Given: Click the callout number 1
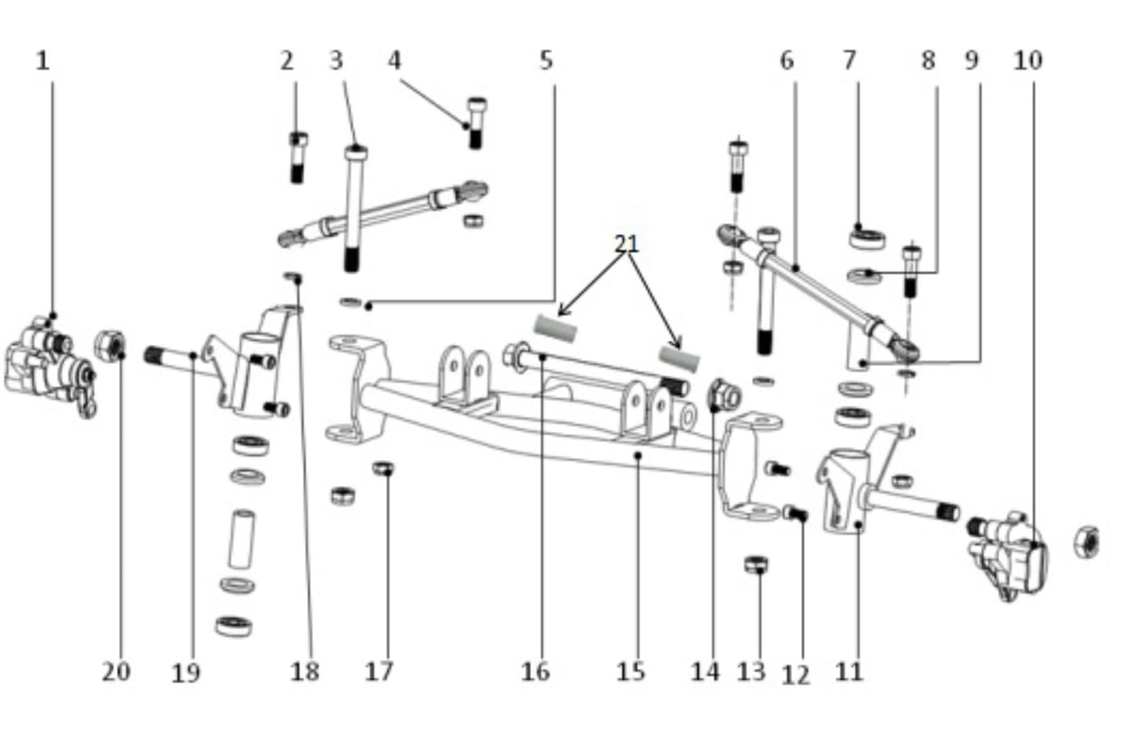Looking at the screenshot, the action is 43,61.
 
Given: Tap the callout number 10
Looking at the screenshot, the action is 1028,60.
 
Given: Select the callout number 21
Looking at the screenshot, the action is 627,244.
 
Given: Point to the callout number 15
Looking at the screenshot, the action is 631,672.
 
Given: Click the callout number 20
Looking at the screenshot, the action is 116,672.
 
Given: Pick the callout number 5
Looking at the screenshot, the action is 546,60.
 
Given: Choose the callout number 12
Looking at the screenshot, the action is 796,675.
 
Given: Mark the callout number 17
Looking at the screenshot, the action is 379,672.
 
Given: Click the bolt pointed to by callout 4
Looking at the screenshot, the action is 476,123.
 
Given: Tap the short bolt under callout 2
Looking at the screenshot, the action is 299,157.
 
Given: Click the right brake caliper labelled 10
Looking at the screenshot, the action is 1007,556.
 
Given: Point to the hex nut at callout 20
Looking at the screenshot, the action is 110,346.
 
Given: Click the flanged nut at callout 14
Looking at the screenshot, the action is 725,395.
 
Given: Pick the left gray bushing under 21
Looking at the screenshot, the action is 556,328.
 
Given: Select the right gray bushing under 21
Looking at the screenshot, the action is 679,358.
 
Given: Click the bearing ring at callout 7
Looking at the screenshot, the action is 868,239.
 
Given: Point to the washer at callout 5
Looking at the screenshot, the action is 351,302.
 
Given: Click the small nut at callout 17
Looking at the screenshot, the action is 384,469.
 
